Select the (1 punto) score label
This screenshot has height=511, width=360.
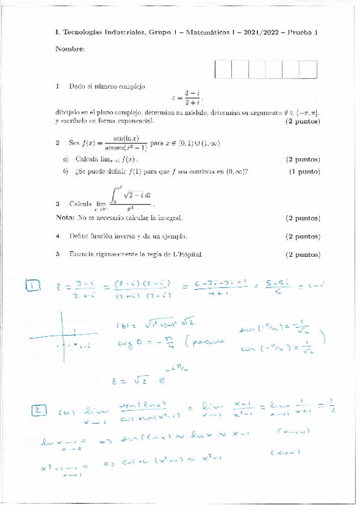[x=304, y=172]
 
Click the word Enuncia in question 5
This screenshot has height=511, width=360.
[x=82, y=255]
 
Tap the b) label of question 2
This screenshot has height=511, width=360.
[x=65, y=172]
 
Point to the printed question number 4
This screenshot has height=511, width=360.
[x=57, y=237]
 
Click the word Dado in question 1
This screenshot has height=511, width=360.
[x=77, y=87]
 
